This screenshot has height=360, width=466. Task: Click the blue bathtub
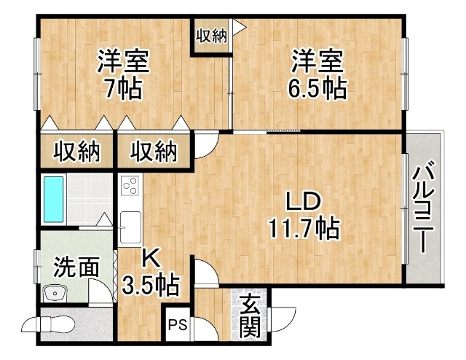pyautogui.click(x=54, y=200)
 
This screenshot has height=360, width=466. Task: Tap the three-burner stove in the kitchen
pyautogui.click(x=130, y=185)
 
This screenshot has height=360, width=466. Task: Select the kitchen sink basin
pyautogui.click(x=130, y=227)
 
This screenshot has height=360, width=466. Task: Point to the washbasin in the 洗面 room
pyautogui.click(x=55, y=294)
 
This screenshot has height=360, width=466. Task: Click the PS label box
pyautogui.click(x=178, y=324)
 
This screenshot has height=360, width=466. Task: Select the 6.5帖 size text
pyautogui.click(x=317, y=88)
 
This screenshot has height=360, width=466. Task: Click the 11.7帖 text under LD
pyautogui.click(x=304, y=228)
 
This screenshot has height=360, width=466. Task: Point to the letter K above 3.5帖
pyautogui.click(x=151, y=258)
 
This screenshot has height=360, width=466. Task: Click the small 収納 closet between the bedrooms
pyautogui.click(x=211, y=36)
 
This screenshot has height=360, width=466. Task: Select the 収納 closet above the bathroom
pyautogui.click(x=76, y=152)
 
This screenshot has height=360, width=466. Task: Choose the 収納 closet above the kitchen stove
pyautogui.click(x=154, y=152)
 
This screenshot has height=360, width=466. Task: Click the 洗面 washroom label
pyautogui.click(x=76, y=267)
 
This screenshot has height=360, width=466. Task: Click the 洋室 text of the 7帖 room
pyautogui.click(x=123, y=62)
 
